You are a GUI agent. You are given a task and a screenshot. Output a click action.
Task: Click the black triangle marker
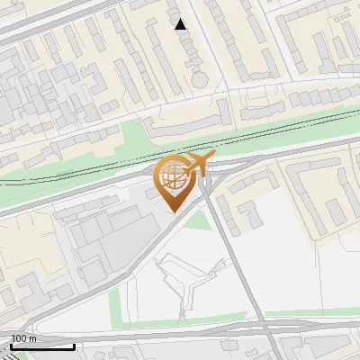[x=181, y=24]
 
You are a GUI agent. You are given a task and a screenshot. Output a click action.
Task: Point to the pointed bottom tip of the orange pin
[x=175, y=211]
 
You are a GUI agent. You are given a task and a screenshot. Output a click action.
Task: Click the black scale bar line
[x=41, y=346]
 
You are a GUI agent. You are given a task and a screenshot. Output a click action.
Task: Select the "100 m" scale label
[x=24, y=338]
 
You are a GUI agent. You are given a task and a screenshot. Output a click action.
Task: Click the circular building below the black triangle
[x=198, y=80]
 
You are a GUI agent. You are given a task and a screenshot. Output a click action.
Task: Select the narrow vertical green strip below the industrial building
[x=114, y=306]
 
